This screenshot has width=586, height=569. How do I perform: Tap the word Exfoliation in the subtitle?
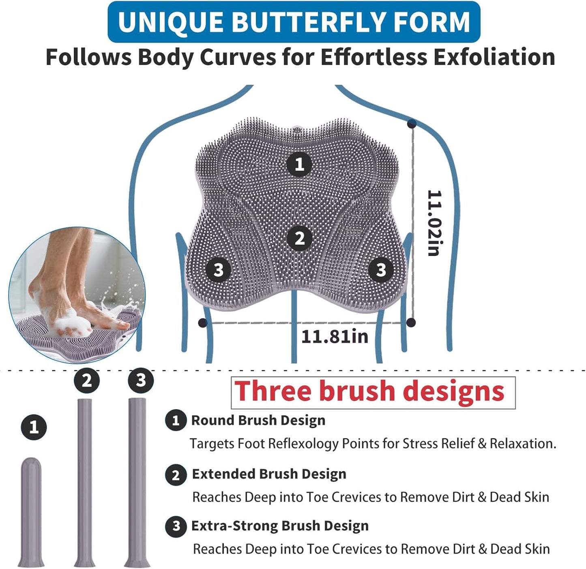494,57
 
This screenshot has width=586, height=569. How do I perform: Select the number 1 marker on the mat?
299,164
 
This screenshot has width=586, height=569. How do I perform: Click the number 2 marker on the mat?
299,238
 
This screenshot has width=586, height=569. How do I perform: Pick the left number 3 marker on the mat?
218,270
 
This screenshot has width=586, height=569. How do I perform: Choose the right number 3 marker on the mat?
380,270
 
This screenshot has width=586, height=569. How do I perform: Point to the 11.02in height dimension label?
434,223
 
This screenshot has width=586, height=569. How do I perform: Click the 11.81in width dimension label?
335,336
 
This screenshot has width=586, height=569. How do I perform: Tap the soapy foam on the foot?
69,322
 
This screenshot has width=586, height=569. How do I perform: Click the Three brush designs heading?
369,391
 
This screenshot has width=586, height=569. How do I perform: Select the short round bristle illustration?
31,512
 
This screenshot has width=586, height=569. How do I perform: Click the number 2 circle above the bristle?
87,381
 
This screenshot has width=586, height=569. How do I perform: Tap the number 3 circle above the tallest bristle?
141,381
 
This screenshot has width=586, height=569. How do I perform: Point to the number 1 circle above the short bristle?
34,427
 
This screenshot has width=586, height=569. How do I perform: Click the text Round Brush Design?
258,421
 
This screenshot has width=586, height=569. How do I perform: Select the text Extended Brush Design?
269,474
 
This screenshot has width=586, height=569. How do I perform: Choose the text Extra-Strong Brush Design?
280,526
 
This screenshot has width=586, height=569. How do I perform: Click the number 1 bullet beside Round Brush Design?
176,421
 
